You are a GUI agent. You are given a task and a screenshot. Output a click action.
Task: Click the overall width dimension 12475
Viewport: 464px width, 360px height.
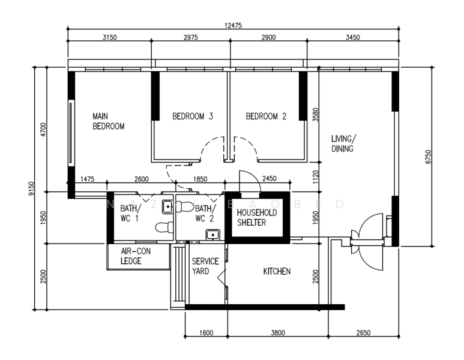[233, 25]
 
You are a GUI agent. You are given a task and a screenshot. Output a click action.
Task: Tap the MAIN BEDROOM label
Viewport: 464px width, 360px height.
[108, 121]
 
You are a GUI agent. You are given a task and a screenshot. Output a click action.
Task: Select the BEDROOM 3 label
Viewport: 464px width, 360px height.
[193, 116]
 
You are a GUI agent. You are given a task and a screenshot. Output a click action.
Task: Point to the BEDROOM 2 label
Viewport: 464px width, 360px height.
[266, 116]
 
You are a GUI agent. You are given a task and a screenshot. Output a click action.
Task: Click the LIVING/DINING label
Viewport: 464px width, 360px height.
[343, 143]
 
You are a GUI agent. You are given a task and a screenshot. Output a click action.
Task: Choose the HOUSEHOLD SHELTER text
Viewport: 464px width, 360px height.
[257, 217]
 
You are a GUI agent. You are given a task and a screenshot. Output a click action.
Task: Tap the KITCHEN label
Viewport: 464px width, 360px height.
[277, 271]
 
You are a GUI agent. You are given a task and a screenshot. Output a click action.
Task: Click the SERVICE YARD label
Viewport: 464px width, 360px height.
[205, 266]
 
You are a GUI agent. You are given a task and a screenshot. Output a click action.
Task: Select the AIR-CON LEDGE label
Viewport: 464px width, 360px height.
[136, 256]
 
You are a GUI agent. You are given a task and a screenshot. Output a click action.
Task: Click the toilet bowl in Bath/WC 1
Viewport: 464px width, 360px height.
[164, 227]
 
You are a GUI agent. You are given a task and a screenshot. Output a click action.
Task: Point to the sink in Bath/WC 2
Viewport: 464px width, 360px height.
[212, 235]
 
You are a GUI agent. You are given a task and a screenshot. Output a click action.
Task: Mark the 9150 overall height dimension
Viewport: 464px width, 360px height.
[31, 188]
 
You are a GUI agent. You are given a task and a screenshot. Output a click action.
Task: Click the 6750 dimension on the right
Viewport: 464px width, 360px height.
[428, 157]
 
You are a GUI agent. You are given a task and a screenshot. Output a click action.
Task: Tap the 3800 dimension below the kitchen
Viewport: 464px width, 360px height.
[278, 333]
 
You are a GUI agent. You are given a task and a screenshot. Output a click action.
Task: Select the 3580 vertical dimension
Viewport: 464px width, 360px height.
[316, 115]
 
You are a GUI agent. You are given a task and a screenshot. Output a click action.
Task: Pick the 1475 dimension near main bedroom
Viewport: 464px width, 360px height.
[87, 179]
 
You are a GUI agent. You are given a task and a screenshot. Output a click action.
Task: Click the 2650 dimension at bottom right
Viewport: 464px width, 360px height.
[363, 333]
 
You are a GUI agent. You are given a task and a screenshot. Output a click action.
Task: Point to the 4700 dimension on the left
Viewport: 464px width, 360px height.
[43, 129]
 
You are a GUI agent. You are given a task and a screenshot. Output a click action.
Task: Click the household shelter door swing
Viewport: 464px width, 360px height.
[250, 181]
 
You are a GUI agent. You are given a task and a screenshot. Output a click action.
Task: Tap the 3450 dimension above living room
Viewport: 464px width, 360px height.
[353, 37]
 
